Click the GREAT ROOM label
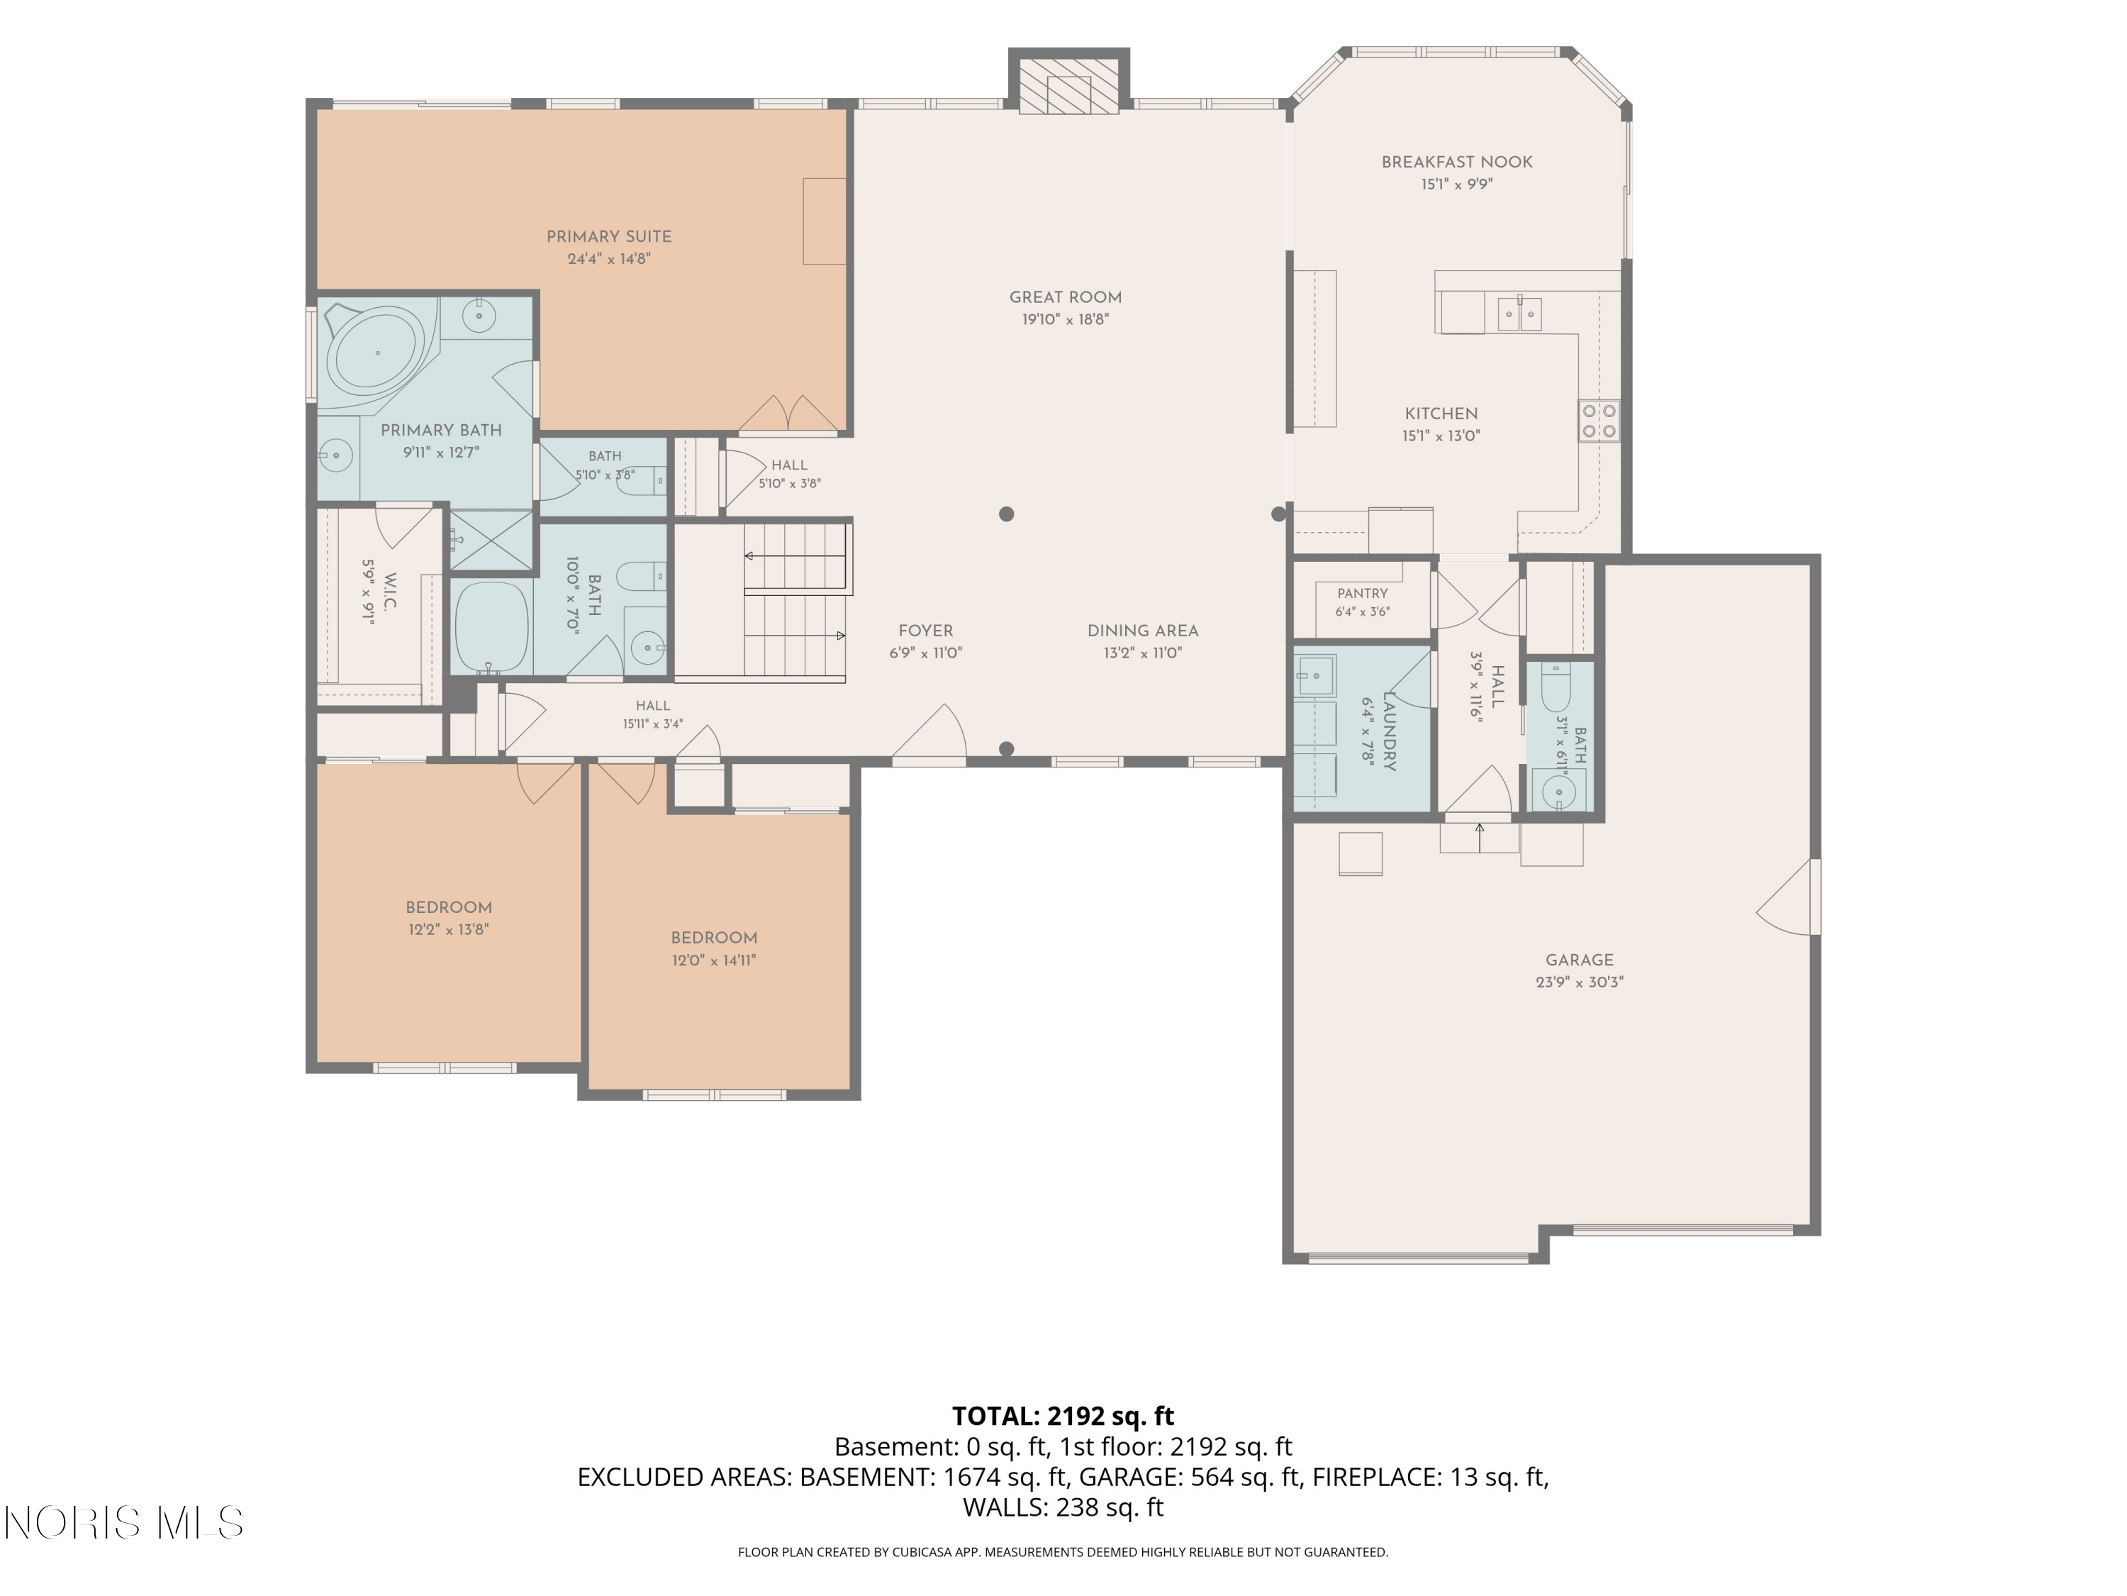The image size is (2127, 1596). [1066, 298]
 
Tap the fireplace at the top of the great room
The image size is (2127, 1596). [1068, 81]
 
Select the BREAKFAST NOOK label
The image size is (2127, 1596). [1457, 162]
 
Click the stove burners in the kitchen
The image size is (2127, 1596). [1599, 421]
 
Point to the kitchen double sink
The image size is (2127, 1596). [1519, 314]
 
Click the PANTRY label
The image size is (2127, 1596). [1363, 594]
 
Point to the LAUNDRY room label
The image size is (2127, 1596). [1388, 731]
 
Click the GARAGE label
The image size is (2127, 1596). [1580, 960]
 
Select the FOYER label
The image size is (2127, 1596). [926, 631]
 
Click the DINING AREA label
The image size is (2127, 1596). [1144, 631]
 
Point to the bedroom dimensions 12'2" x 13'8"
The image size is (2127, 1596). [449, 930]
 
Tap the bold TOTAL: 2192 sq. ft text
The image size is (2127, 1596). [1063, 1416]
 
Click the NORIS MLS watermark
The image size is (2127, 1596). [124, 1523]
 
